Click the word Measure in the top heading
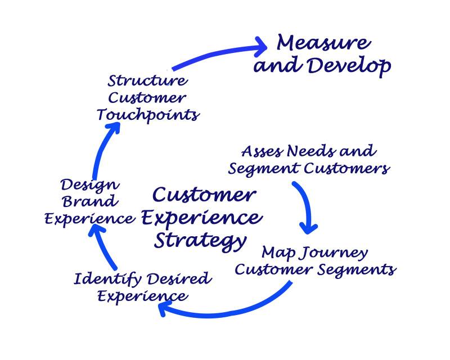pyautogui.click(x=323, y=43)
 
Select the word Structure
pyautogui.click(x=147, y=80)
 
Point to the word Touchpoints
pyautogui.click(x=147, y=115)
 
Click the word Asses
pyautogui.click(x=262, y=151)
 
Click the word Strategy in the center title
pyautogui.click(x=200, y=240)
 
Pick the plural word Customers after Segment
pyautogui.click(x=349, y=168)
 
